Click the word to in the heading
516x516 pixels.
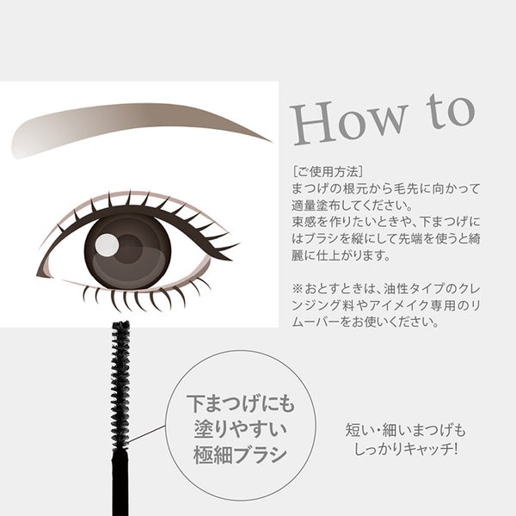coord(450,111)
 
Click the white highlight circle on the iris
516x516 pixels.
coord(107,245)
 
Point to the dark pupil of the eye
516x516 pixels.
coord(129,249)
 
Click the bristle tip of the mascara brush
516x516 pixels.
coord(120,323)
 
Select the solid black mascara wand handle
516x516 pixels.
coord(120,482)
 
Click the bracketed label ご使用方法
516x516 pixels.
coord(328,171)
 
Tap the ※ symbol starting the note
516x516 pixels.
coord(297,289)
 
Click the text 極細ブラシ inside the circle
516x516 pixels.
coord(241,455)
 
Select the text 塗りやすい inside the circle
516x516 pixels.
coord(241,429)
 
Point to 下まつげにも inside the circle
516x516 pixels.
coord(241,403)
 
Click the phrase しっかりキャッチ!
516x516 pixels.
coord(405,448)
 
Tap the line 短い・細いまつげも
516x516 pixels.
coord(405,431)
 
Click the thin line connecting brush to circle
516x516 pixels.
coord(146,433)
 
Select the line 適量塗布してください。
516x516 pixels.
coord(352,206)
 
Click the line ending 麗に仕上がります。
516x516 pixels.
coord(341,255)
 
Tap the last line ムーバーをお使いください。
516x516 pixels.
coord(365,322)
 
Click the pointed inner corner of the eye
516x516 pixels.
coord(37,274)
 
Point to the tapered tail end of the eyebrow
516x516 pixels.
coord(272,142)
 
